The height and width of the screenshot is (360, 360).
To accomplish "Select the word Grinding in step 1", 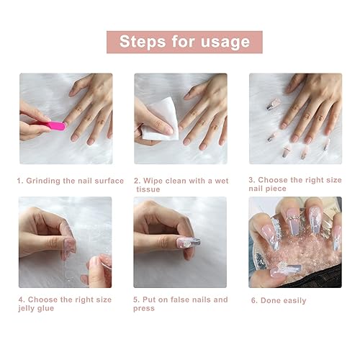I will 50,181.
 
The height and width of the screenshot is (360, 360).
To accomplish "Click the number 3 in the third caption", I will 251,181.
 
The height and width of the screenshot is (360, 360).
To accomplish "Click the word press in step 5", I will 148,309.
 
